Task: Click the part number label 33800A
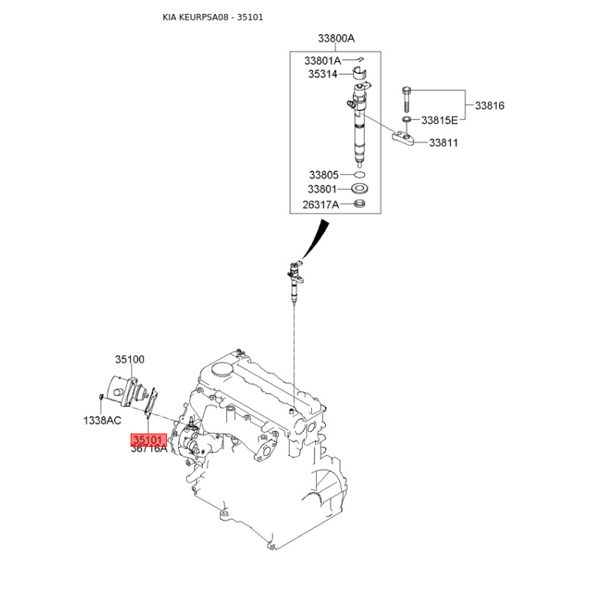[336, 38]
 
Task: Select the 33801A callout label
[322, 61]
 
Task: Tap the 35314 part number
[323, 74]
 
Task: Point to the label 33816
[489, 106]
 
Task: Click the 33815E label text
[440, 120]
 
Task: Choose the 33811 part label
[443, 143]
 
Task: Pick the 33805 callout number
[324, 175]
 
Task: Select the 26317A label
[321, 205]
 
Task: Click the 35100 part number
[130, 359]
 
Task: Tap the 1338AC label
[102, 420]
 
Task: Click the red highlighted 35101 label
[148, 440]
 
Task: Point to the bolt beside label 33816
[406, 100]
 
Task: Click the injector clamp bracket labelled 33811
[403, 137]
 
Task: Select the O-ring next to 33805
[360, 175]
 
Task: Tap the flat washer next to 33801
[360, 188]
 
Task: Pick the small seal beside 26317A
[360, 204]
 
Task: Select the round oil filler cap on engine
[221, 369]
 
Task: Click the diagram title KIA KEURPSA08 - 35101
[213, 17]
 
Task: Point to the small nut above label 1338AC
[101, 397]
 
